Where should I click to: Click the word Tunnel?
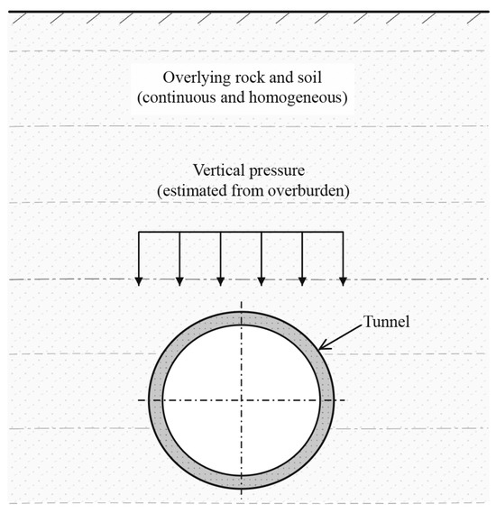pos(386,322)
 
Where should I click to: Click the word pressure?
pos(277,171)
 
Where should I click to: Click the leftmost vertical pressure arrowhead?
pos(139,281)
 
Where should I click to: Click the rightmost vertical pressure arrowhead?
pos(343,281)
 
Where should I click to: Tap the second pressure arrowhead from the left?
pos(179,281)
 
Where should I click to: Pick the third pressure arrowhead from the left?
pos(221,281)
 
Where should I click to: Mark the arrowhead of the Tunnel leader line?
pos(323,347)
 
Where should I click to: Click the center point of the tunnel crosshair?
pos(242,399)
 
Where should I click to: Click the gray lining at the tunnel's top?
pos(242,318)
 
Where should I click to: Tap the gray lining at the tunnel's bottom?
pos(242,481)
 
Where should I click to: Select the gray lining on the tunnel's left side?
pos(156,399)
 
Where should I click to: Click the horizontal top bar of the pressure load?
pos(241,232)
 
